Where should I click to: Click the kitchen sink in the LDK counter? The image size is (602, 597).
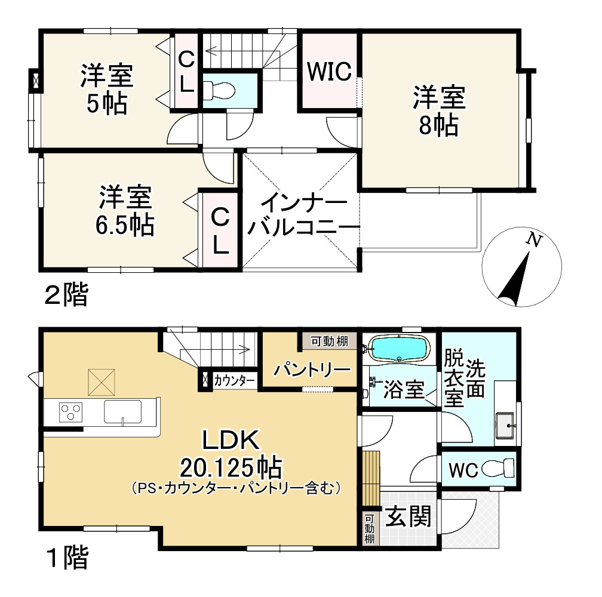coord(122,411)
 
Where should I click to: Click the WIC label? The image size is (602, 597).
coord(328,72)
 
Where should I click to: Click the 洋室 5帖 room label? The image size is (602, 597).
coord(106,90)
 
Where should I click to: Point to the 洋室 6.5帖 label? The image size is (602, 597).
coord(125,210)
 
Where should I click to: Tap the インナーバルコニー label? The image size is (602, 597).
coord(301,217)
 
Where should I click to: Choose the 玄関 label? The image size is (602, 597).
coord(407,516)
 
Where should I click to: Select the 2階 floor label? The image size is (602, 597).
coord(66,295)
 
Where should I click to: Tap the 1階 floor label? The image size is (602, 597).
coord(66,559)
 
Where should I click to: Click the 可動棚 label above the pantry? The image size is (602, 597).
coord(329,341)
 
